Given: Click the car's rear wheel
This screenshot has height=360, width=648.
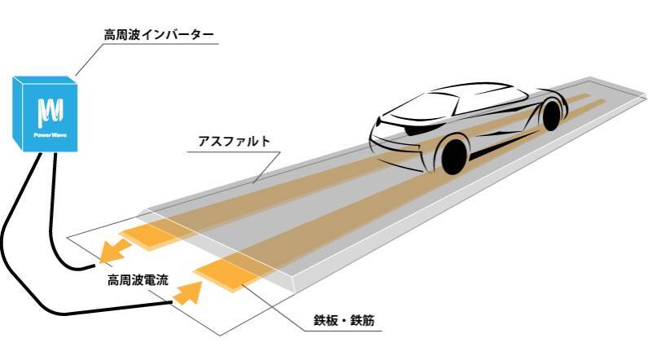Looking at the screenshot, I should tap(552, 115).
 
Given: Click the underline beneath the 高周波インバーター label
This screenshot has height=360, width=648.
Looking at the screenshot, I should tap(162, 46).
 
